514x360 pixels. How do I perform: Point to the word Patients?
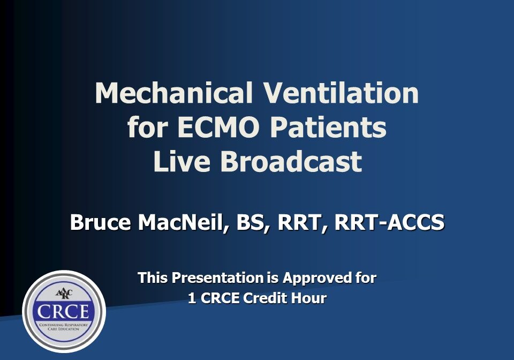[x=328, y=128]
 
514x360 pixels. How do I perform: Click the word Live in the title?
[x=182, y=162]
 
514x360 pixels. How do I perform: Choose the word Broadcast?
[x=291, y=162]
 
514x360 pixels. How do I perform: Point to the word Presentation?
[x=216, y=278]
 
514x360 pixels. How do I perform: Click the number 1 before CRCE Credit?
[x=192, y=298]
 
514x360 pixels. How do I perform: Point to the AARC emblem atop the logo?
[x=64, y=295]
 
